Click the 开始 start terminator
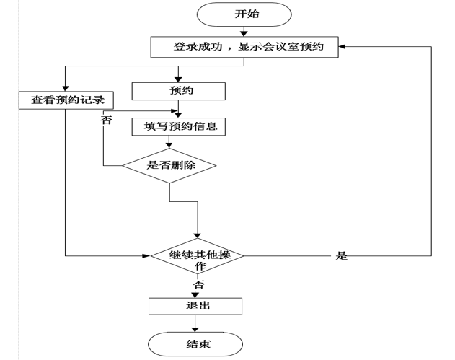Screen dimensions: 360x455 tap(245, 14)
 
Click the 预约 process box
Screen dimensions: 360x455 tap(178, 91)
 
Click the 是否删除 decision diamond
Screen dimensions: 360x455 tap(169, 164)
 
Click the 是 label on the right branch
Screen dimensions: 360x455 tap(341, 256)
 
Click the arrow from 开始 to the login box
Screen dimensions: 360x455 tap(245, 30)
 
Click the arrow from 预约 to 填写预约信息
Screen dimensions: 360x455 tap(178, 108)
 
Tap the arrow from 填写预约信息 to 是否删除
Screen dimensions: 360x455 tap(169, 143)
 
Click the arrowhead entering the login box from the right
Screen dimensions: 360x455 tap(344, 47)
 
